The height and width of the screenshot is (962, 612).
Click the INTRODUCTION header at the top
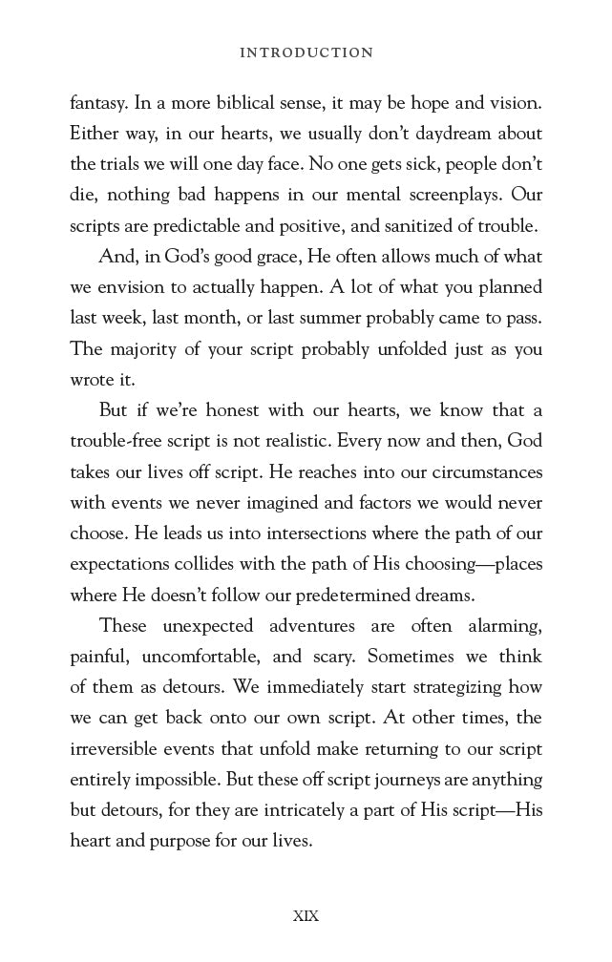coord(306,53)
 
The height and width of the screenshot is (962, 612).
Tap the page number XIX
coord(306,915)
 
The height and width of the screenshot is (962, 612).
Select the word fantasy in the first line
coord(98,102)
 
